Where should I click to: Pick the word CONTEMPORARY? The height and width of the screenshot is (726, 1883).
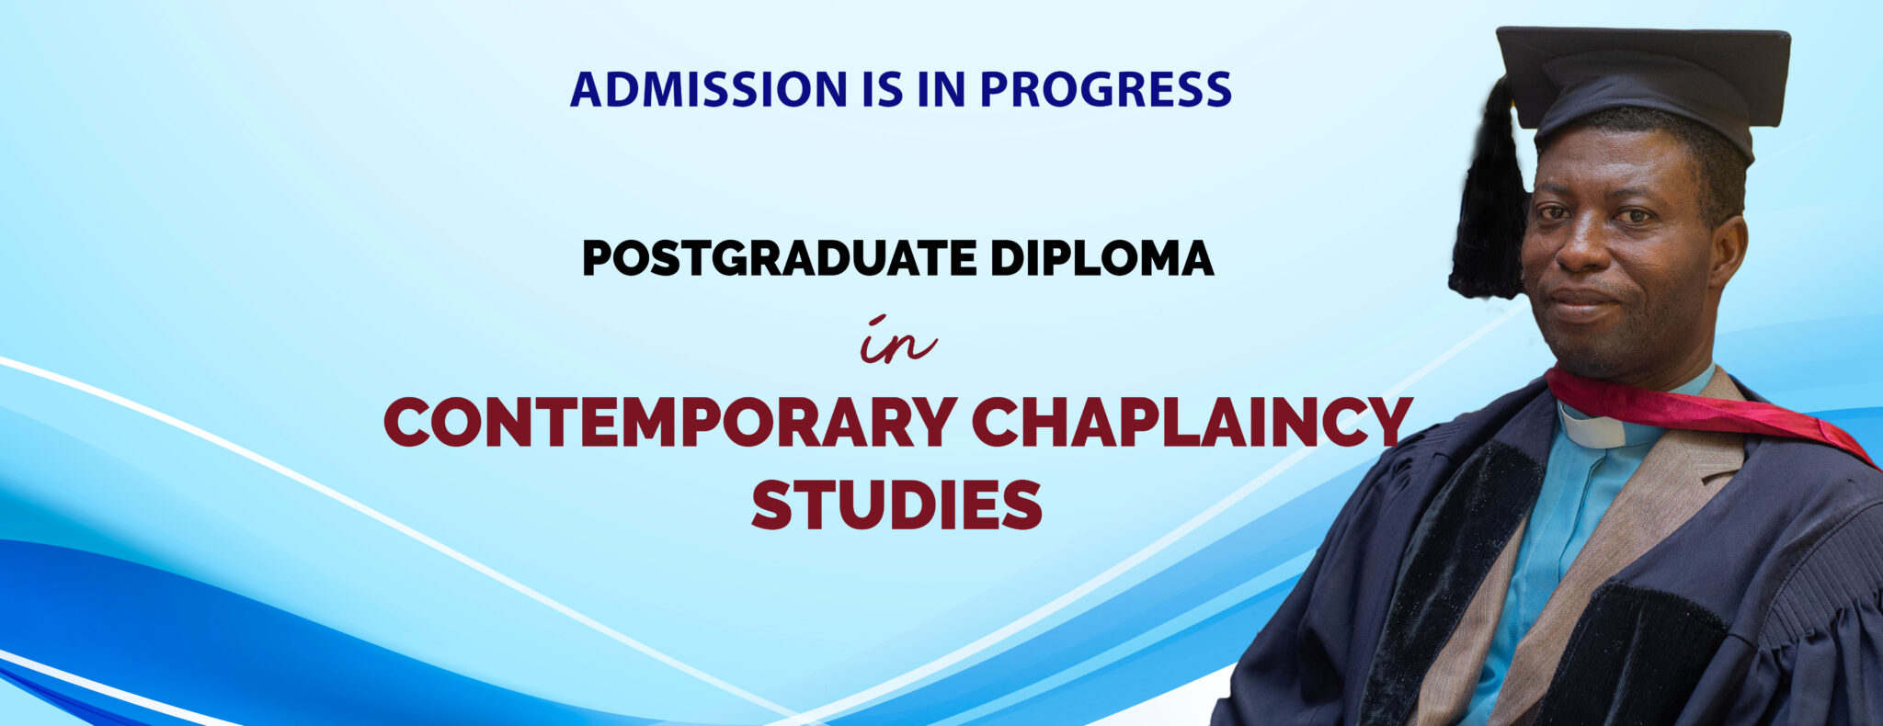(x=670, y=422)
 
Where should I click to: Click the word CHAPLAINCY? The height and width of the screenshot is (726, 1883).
(x=1192, y=422)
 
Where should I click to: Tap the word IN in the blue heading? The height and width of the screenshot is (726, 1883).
(x=939, y=89)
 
